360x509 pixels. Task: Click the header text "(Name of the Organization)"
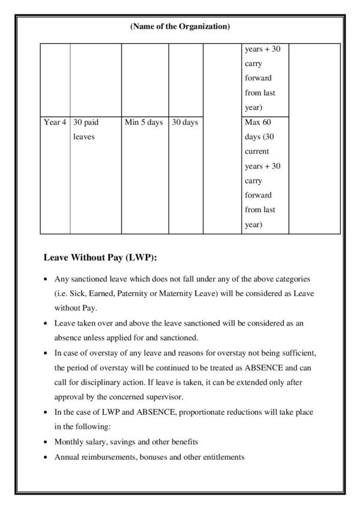click(x=179, y=26)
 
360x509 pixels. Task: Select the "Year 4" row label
click(x=55, y=122)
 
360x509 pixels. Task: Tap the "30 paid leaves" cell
click(x=86, y=129)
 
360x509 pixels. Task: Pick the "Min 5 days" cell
click(x=143, y=122)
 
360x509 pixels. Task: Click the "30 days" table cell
click(x=185, y=122)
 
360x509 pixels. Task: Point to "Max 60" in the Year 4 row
click(x=259, y=122)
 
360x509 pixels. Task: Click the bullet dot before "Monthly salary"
click(x=47, y=442)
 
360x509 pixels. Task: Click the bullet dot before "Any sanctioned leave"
click(x=47, y=280)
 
